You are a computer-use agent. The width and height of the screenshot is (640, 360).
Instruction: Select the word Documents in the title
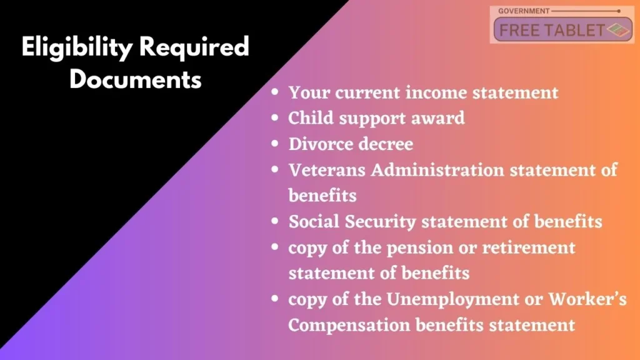[136, 79]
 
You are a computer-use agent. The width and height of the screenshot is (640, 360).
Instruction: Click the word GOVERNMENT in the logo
[524, 11]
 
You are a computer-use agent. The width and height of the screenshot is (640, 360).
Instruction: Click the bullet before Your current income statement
[275, 92]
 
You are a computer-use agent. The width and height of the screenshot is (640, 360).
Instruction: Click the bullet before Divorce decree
[275, 143]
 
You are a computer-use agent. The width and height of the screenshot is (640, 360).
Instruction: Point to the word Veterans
[327, 170]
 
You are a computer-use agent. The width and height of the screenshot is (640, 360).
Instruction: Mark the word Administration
[437, 170]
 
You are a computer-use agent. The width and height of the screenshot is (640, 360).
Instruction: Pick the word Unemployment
[452, 300]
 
